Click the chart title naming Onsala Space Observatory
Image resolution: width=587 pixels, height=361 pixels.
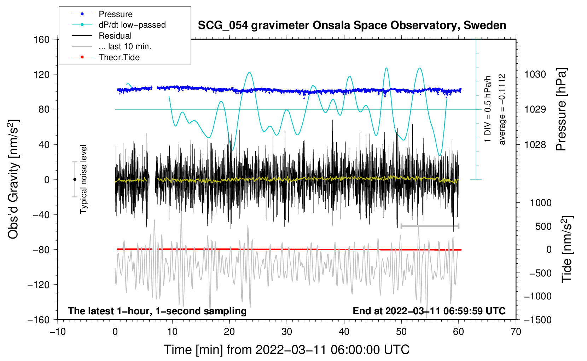tap(352, 25)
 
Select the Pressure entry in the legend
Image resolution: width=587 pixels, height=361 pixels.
tap(115, 14)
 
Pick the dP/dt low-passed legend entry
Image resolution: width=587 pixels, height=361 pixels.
tap(132, 25)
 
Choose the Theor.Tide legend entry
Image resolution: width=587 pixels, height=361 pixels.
tap(119, 57)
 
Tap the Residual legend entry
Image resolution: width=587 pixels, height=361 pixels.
tap(115, 36)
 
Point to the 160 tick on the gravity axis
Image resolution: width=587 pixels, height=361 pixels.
tap(42, 39)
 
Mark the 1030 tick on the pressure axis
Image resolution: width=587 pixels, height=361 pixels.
tap(535, 74)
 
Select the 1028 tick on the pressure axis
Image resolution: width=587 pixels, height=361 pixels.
tap(535, 144)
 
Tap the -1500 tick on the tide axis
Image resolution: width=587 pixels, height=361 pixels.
tap(538, 320)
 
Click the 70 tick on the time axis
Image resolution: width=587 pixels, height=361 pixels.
tap(516, 332)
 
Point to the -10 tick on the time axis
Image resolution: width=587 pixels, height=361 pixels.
tap(58, 332)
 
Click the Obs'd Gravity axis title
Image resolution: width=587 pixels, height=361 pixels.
tap(13, 179)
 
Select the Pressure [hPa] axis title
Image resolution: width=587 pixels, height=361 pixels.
tap(561, 110)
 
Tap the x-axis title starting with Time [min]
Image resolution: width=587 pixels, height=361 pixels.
tap(286, 350)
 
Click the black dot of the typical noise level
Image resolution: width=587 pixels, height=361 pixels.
tap(75, 179)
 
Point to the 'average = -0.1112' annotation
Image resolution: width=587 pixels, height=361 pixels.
tap(502, 110)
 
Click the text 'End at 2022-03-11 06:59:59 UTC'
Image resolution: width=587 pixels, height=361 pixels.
tap(429, 311)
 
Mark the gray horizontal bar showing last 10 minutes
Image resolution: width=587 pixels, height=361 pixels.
tap(430, 226)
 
